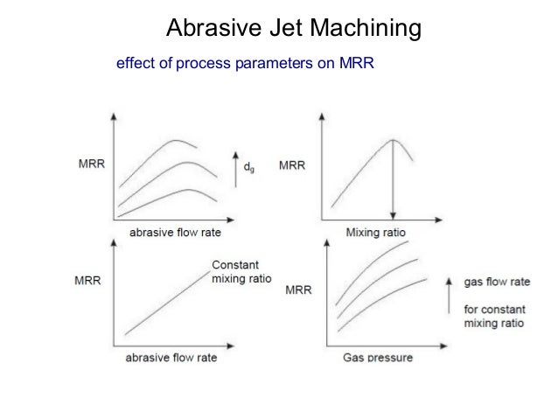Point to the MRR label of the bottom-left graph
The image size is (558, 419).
(85, 281)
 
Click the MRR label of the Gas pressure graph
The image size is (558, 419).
(300, 290)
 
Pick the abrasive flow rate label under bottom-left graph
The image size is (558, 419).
(173, 358)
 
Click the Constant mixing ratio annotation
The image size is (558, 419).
(241, 272)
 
